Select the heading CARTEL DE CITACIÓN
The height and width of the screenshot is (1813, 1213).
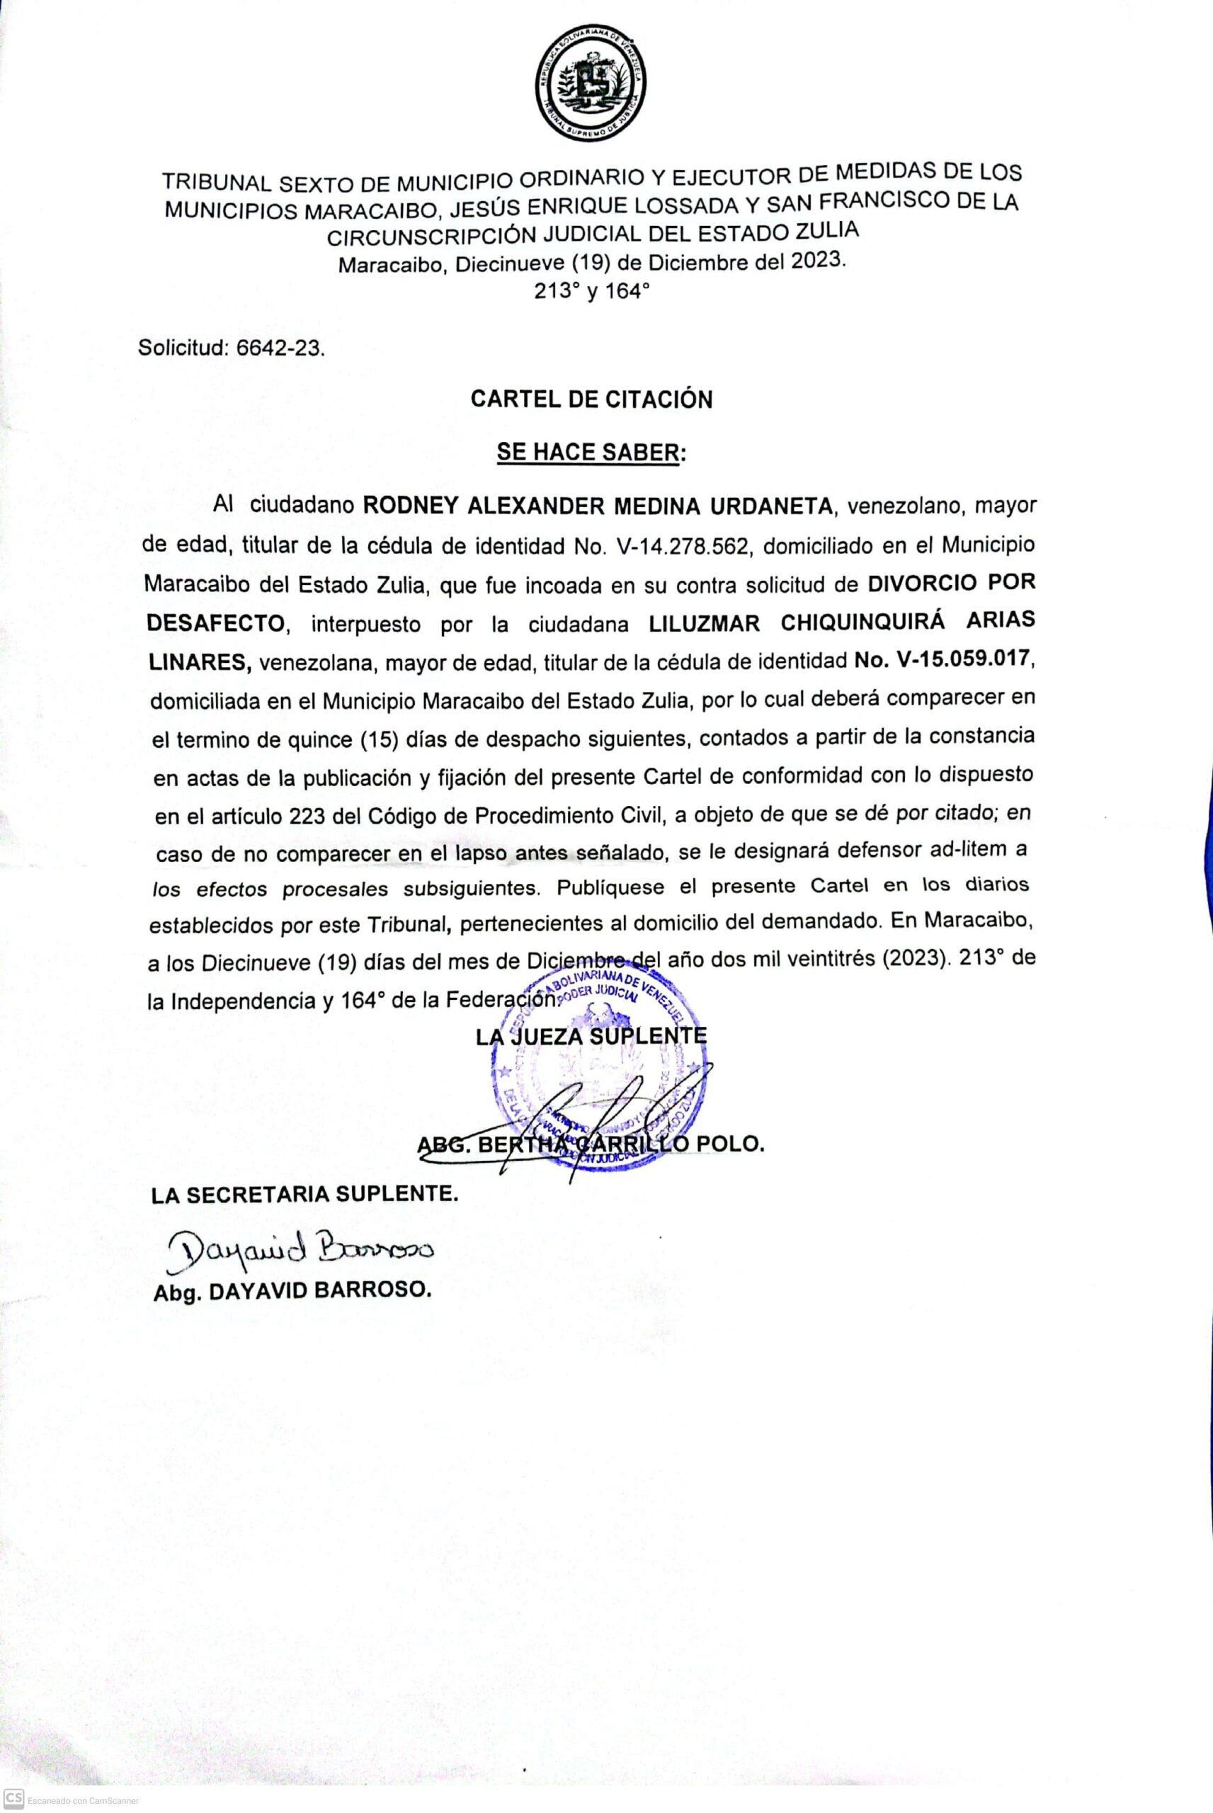click(592, 399)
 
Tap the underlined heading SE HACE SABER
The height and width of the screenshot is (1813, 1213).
click(591, 453)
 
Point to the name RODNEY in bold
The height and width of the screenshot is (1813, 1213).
click(409, 506)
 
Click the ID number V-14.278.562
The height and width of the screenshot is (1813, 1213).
click(684, 547)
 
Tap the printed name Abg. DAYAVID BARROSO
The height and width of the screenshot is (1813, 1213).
click(292, 1291)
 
